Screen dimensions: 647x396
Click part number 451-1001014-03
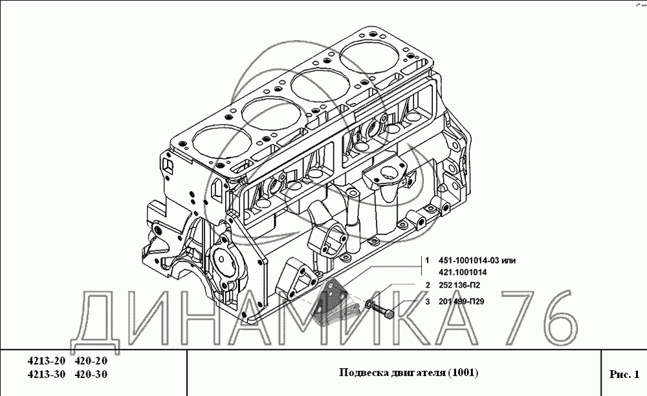(x=468, y=260)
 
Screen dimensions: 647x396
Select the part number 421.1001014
(x=463, y=273)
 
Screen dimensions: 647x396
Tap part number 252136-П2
(x=459, y=285)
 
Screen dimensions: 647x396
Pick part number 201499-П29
(x=461, y=302)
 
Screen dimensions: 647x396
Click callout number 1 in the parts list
(x=428, y=260)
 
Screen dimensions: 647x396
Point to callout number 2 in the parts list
(x=428, y=285)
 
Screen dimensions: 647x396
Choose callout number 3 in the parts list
(x=428, y=302)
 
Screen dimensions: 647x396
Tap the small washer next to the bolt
(x=369, y=304)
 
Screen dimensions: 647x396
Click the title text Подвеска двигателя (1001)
(x=408, y=373)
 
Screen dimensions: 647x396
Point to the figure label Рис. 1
(x=624, y=374)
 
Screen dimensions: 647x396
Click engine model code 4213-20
(x=46, y=361)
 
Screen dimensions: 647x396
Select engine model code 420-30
(x=91, y=375)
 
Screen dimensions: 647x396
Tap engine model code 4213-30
(x=46, y=375)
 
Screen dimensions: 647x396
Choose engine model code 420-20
(x=91, y=361)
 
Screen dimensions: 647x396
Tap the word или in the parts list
(x=509, y=261)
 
